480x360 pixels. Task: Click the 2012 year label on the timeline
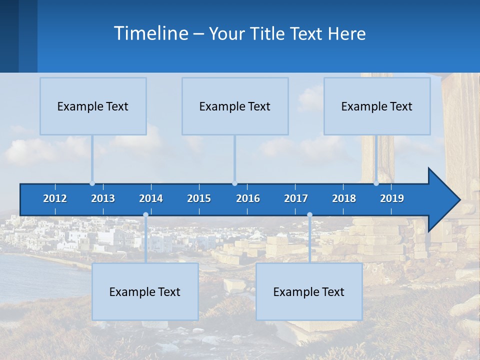point(55,198)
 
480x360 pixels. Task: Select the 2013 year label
point(103,198)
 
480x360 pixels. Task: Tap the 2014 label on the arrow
point(151,198)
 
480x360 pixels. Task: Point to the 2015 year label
point(199,198)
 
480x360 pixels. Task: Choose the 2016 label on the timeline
point(248,198)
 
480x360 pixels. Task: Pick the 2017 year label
point(296,198)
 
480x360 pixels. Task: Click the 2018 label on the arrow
point(344,198)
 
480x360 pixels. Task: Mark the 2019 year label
point(392,198)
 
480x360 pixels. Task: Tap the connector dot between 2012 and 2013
point(92,183)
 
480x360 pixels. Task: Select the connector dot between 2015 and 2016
point(234,183)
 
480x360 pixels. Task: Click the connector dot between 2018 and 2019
point(376,183)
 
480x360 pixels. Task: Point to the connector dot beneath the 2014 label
point(145,215)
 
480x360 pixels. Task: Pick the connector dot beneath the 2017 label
point(309,215)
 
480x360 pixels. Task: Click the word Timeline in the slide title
point(150,33)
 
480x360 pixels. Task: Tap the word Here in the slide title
point(346,34)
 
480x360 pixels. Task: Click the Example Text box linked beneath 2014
point(145,291)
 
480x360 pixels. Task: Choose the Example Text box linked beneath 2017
point(309,291)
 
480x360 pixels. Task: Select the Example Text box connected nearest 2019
point(377,106)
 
